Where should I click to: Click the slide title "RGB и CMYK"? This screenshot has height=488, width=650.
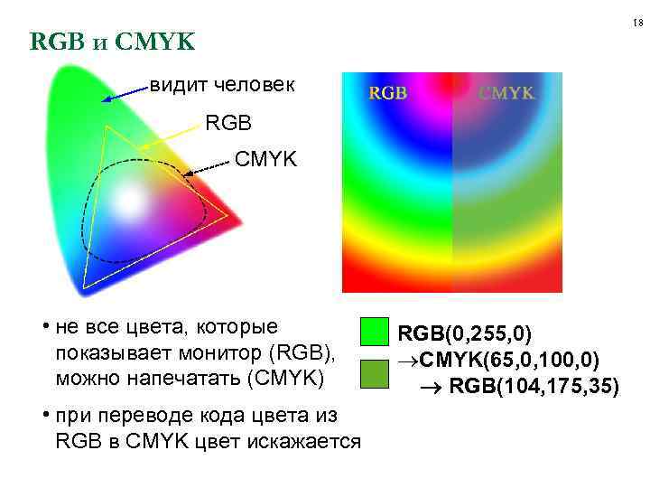(112, 42)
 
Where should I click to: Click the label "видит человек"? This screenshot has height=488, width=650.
(222, 85)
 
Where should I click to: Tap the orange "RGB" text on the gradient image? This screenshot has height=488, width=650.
(388, 93)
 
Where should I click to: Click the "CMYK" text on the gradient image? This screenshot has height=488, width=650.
(506, 93)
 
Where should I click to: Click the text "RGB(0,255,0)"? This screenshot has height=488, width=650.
(471, 333)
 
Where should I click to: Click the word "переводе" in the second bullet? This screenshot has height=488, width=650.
(126, 416)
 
